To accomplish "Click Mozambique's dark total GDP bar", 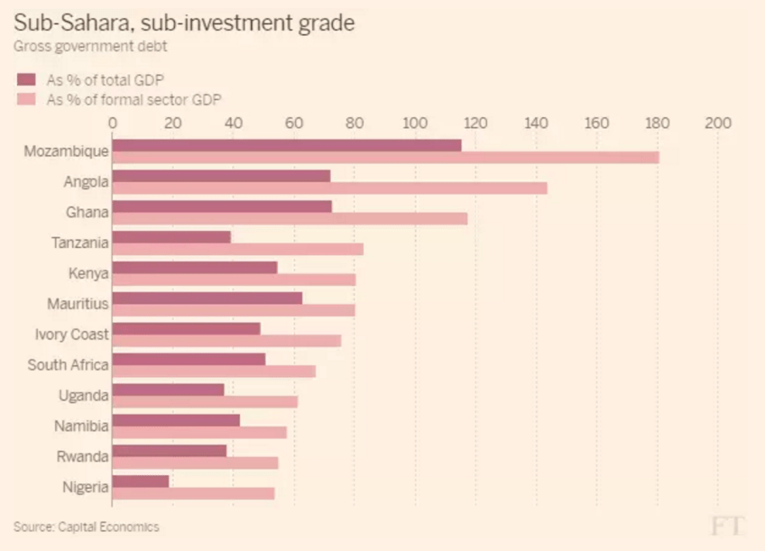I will pos(287,145).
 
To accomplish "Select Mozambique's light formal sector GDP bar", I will pos(385,158).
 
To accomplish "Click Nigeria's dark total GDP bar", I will pos(141,482).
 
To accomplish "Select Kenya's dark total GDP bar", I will pos(195,268).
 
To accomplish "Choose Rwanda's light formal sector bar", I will pos(195,463).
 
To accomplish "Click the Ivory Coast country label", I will pos(71,335).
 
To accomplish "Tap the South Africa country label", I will pos(68,365).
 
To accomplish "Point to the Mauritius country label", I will pos(78,304).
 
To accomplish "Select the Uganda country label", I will pos(83,396).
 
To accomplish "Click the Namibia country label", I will pos(81,427).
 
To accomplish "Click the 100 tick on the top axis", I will pos(414,123).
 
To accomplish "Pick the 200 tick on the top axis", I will pos(717,123).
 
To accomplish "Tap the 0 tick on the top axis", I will pos(113,123).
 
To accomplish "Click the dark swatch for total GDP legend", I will pos(25,79).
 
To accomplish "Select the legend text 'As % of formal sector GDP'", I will pos(134,99).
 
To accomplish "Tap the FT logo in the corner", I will pos(726,526).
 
